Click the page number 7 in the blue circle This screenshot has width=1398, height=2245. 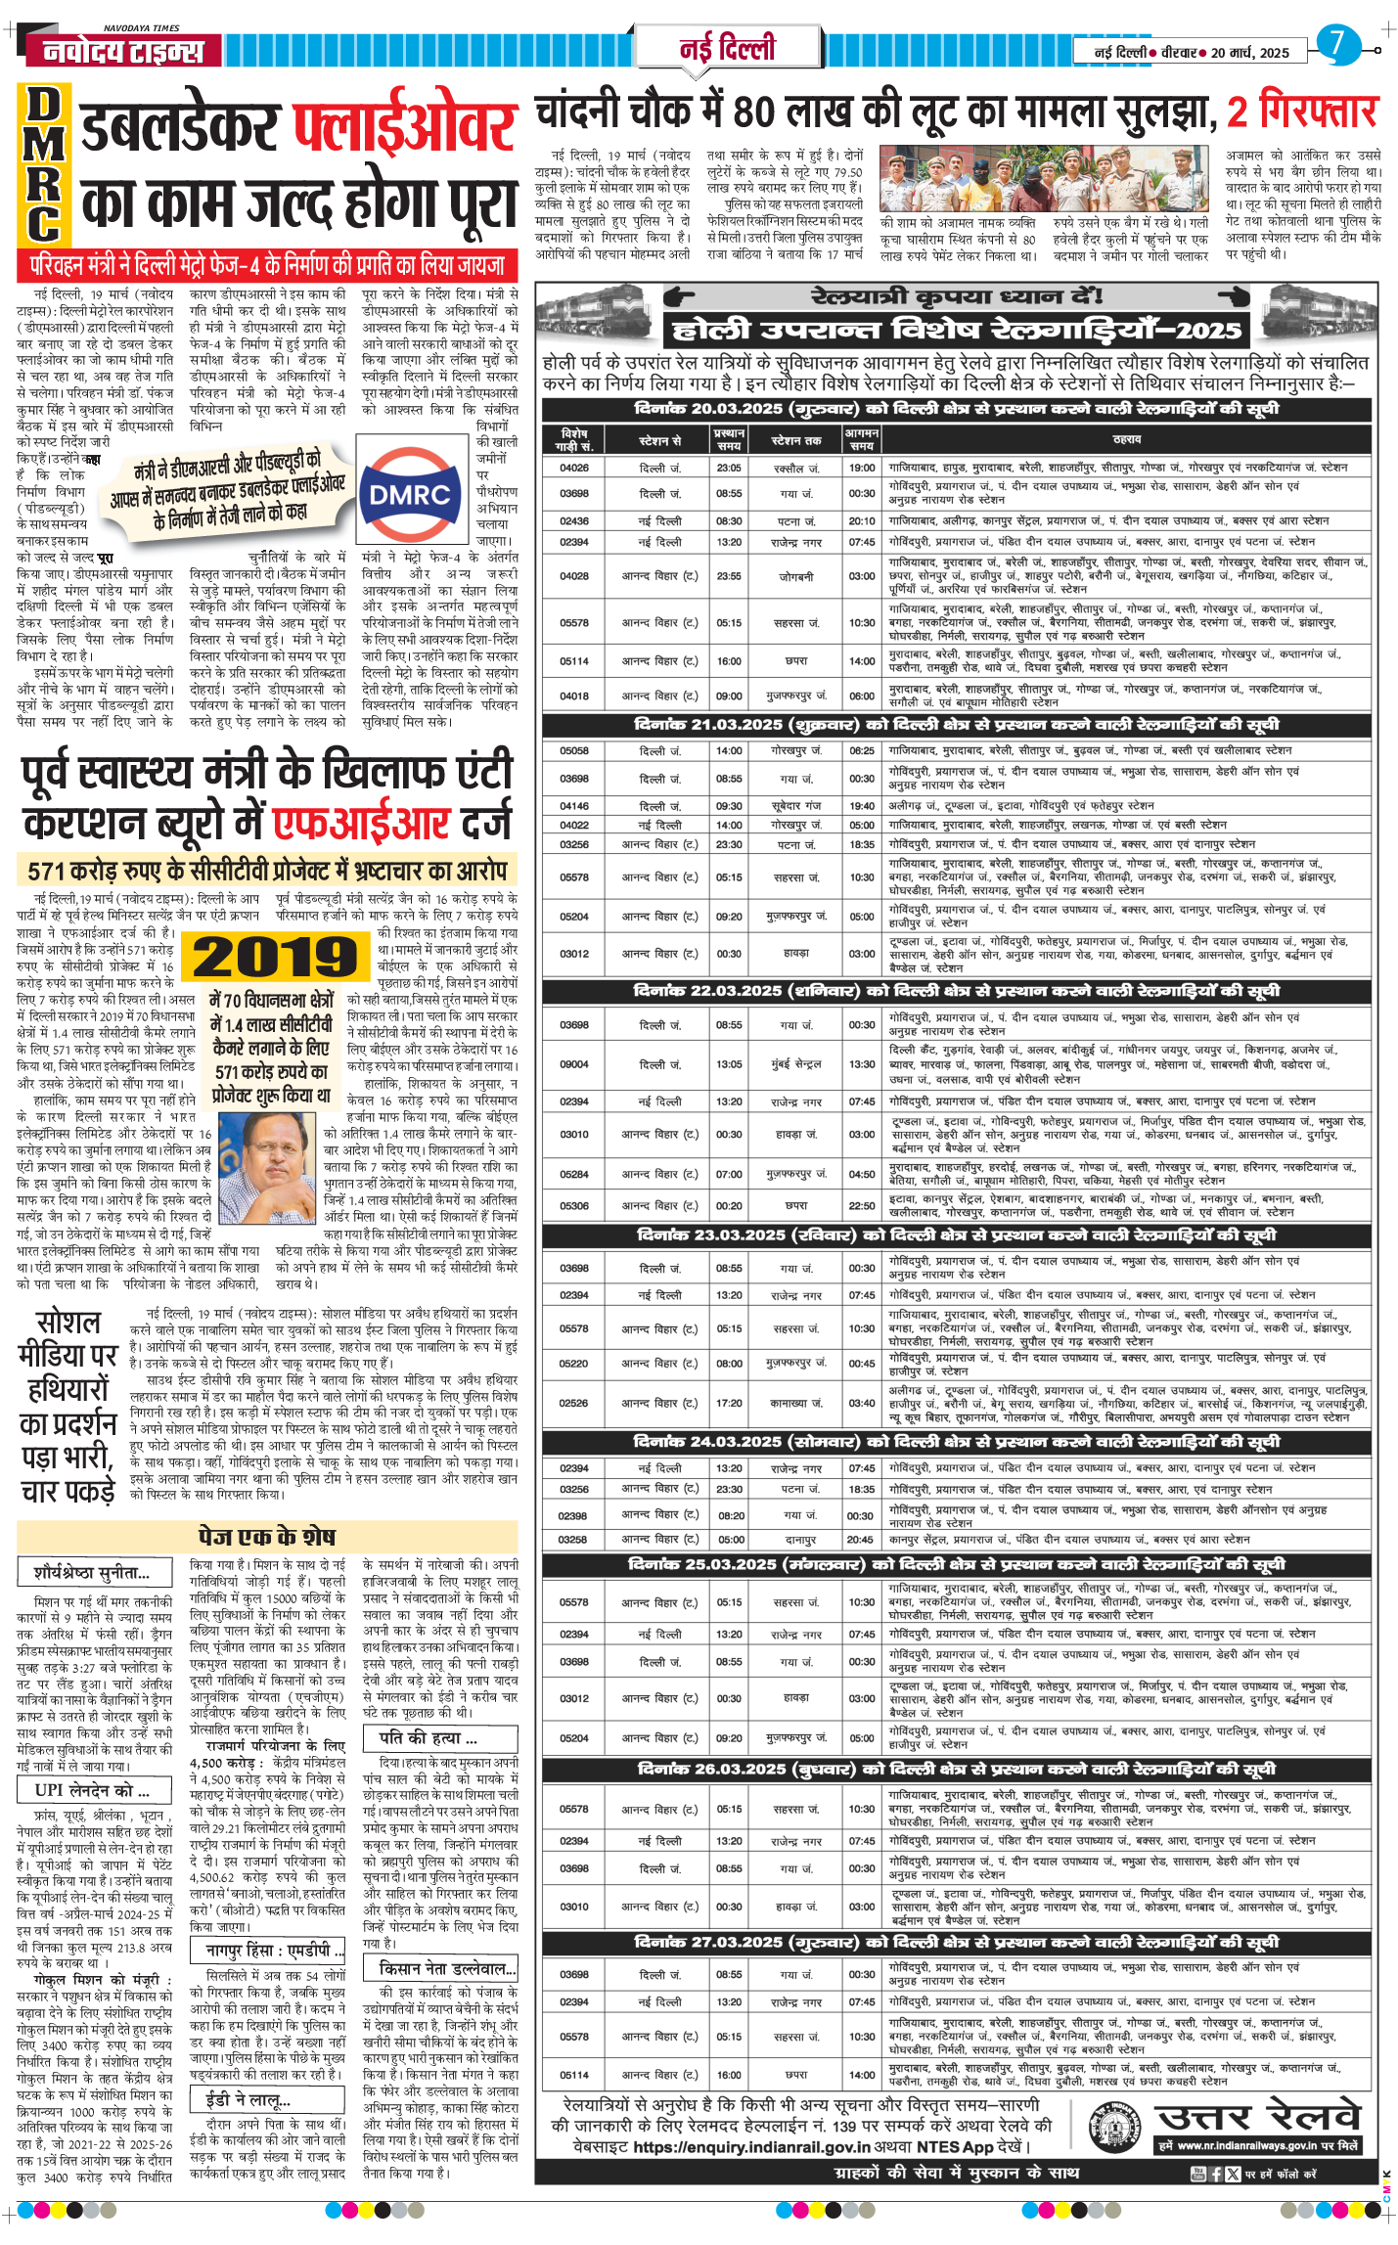tap(1337, 44)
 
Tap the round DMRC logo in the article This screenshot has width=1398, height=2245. tap(410, 494)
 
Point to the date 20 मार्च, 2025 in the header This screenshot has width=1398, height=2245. tap(1250, 53)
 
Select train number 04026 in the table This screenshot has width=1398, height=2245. tap(574, 468)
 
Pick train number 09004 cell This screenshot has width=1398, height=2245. tap(574, 1064)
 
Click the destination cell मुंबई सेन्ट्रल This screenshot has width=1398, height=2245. tap(795, 1064)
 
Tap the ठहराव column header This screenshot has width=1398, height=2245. tap(1126, 439)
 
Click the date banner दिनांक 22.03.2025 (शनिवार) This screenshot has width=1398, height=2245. tap(957, 991)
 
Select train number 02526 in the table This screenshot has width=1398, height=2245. tap(574, 1403)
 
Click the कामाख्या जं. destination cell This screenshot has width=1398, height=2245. tap(795, 1403)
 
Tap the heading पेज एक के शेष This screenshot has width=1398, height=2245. tap(267, 1536)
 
